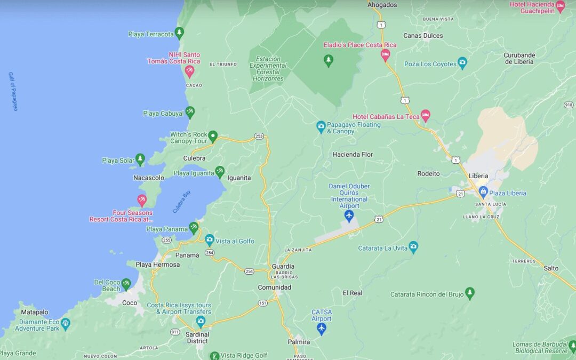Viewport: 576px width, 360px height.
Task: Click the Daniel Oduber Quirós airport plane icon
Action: tap(349, 215)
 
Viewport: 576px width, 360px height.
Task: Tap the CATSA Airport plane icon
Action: tap(321, 328)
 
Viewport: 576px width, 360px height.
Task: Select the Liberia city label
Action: tap(478, 176)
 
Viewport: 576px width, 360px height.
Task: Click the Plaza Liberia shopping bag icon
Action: tap(483, 193)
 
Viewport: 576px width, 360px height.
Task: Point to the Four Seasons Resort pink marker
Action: tap(141, 200)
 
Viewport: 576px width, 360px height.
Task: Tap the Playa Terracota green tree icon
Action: tap(179, 33)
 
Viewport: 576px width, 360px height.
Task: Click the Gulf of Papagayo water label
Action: tap(13, 91)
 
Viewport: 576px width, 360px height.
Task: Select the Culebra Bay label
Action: tap(181, 202)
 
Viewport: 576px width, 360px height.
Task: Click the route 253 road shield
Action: tap(259, 137)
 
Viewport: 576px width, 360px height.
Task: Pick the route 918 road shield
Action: tap(568, 105)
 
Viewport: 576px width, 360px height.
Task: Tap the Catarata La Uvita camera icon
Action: tap(413, 247)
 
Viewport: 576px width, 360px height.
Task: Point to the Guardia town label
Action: tap(283, 266)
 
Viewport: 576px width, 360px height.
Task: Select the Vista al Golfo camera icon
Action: tap(209, 240)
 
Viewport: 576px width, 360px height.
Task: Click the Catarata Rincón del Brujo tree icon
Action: tap(469, 293)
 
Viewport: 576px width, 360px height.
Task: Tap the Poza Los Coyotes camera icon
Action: tap(462, 63)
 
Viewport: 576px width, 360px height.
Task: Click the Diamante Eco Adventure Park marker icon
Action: tap(65, 323)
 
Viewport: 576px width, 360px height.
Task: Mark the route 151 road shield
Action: tap(262, 303)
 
